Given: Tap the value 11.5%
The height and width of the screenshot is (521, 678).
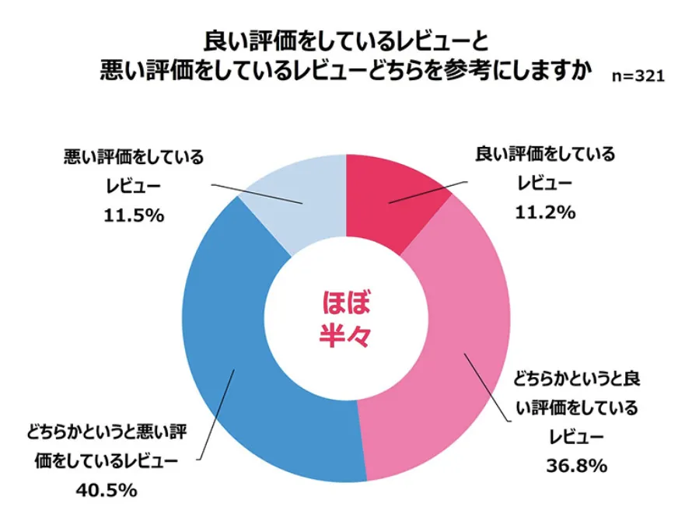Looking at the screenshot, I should pos(133,216).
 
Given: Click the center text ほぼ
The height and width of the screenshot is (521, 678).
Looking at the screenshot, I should pos(345,301).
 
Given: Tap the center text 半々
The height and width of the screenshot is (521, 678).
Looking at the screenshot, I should pos(345,335).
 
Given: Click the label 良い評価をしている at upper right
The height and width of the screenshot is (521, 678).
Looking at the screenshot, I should pos(544,154).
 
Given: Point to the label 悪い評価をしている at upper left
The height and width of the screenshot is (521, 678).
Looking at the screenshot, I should pos(133,158).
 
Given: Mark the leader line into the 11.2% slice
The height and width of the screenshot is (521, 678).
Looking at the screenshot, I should pos(428,192).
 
